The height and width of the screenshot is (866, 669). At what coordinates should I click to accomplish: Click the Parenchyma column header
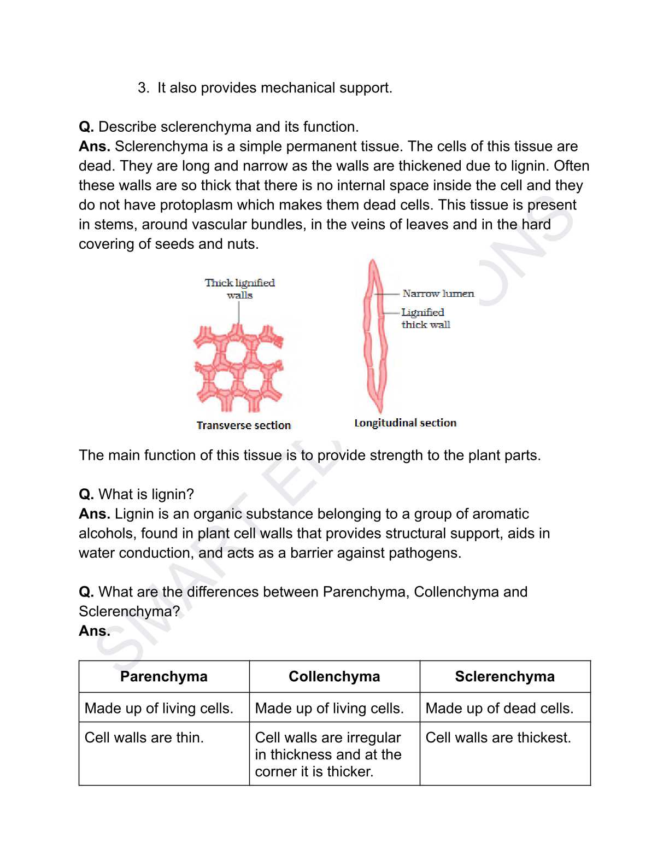164,676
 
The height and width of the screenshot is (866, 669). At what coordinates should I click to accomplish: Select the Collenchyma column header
334,676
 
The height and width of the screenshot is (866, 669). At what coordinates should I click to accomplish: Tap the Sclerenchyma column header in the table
504,676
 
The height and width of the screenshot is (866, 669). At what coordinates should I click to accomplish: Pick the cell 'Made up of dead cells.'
499,708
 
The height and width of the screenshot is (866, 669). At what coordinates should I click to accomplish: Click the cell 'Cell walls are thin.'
144,738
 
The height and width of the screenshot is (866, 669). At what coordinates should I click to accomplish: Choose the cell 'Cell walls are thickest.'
498,738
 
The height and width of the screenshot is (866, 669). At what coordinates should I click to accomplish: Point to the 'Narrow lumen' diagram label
438,294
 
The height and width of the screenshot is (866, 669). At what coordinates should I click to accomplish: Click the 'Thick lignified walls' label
240,289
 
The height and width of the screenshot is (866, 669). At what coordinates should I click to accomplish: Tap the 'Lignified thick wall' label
425,318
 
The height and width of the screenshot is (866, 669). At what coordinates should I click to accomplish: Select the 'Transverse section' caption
244,425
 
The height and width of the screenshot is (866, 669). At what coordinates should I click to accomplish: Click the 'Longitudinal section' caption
405,423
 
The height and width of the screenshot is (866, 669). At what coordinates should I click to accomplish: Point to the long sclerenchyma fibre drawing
375,336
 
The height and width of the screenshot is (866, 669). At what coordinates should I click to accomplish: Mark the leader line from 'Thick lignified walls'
239,313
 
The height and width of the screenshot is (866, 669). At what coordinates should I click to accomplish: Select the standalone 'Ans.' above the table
95,631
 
